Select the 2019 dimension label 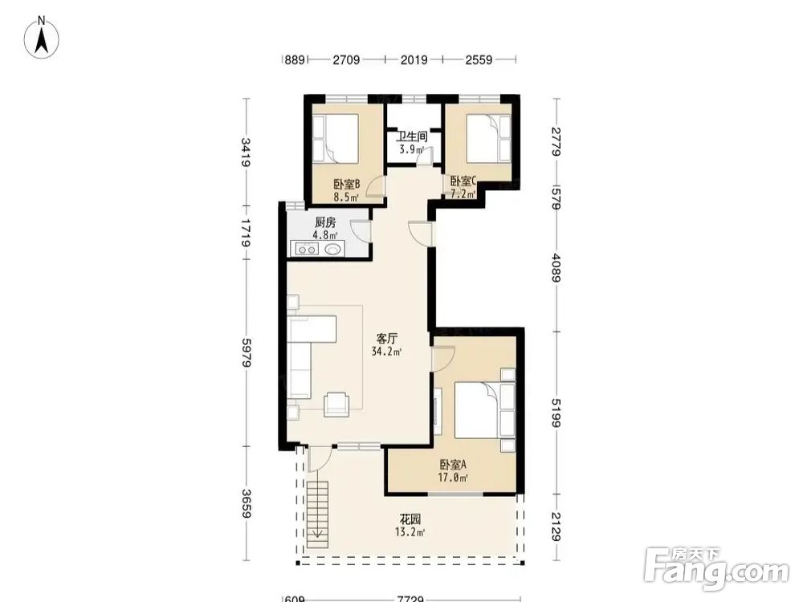pos(414,60)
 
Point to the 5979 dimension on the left pos(246,352)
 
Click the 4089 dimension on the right pos(556,267)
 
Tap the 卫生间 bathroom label pos(412,136)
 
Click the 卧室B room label pos(347,184)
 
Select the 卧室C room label pos(463,181)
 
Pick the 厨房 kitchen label pos(325,222)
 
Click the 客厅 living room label pos(387,339)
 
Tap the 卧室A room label pos(453,465)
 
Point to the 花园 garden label pos(410,519)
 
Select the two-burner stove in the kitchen pos(305,250)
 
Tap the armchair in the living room pos(336,405)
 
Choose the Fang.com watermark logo pos(716,568)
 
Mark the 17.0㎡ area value pos(453,478)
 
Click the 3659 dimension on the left pos(246,504)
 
